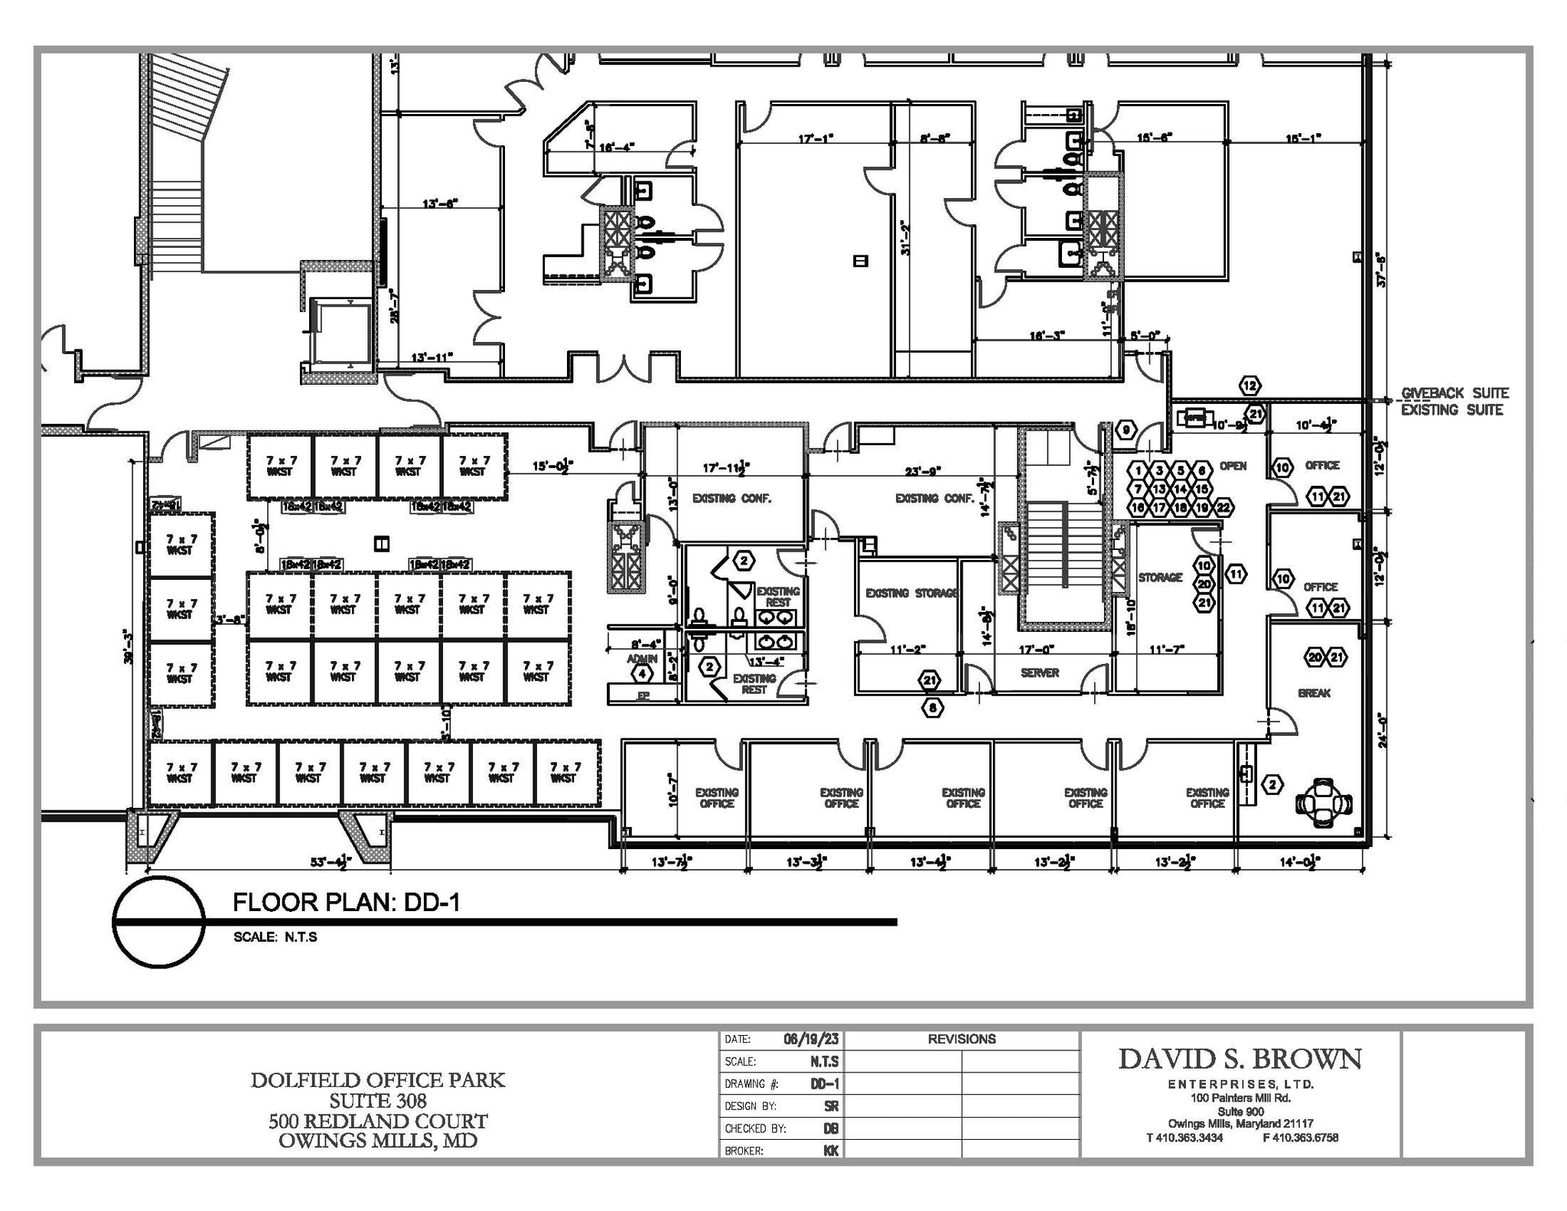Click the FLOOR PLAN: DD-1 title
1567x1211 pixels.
click(x=346, y=903)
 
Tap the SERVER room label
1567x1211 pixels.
click(x=1039, y=673)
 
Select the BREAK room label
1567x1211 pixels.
click(x=1314, y=693)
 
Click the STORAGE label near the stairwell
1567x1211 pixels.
click(x=1160, y=578)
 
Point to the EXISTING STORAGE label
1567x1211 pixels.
click(x=911, y=593)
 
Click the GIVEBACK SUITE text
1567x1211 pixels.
click(x=1454, y=393)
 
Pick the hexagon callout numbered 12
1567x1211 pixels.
click(x=1249, y=386)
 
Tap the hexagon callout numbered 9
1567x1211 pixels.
click(x=1126, y=431)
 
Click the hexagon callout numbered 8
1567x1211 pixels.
click(x=932, y=708)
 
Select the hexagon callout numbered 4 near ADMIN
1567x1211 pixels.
click(x=642, y=674)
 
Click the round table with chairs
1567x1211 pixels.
click(x=1324, y=803)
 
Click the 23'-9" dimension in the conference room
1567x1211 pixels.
click(x=922, y=471)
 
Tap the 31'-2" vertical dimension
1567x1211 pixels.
click(x=906, y=238)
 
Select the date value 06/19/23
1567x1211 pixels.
click(x=810, y=1039)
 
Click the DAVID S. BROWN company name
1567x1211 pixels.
click(x=1240, y=1060)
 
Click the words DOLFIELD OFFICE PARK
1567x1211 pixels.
click(x=377, y=1080)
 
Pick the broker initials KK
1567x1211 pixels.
click(x=830, y=1151)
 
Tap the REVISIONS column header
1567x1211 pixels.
click(x=961, y=1039)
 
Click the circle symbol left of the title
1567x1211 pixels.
click(x=159, y=922)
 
